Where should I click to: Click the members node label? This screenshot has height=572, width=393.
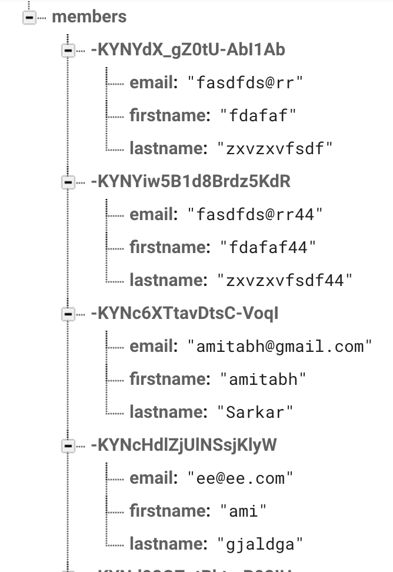89,16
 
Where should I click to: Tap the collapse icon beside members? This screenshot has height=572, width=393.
28,18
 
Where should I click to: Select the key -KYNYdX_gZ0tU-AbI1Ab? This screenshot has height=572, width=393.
188,50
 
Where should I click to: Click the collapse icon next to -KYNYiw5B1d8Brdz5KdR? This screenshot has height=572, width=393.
68,183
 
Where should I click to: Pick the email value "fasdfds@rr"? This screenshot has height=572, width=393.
245,83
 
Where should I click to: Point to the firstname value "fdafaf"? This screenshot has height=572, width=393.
258,116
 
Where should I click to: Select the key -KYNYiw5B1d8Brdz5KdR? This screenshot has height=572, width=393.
191,182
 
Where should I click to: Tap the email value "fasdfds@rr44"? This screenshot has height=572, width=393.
255,215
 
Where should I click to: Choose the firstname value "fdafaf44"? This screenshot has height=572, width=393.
268,248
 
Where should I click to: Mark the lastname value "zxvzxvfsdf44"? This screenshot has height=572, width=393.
285,281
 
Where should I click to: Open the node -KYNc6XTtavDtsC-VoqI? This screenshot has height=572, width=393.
184,314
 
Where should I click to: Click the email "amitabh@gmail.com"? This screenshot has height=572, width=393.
280,347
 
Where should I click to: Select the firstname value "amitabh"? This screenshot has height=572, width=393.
263,380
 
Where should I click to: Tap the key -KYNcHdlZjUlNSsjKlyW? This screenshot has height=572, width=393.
184,445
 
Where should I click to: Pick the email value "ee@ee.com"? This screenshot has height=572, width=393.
240,478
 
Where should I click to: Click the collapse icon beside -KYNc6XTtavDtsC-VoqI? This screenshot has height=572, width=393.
68,315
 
